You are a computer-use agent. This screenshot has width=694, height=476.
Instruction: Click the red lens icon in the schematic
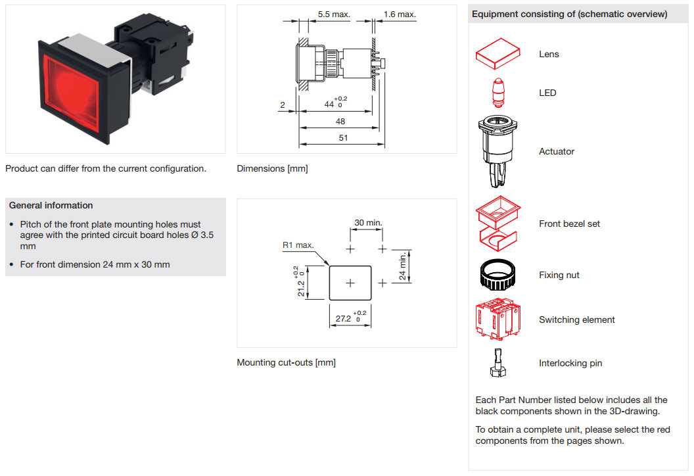pos(497,53)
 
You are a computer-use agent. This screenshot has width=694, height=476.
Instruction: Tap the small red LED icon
pos(497,92)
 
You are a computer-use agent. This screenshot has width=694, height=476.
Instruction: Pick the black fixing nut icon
pos(497,275)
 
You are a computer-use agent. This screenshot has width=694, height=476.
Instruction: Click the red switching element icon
pos(497,320)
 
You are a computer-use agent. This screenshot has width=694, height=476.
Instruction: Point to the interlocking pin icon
pos(497,363)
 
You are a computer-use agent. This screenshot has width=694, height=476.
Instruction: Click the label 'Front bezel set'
pos(569,224)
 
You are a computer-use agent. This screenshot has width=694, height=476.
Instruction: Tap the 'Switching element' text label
pos(576,320)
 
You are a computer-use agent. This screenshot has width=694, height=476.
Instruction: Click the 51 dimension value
pos(342,137)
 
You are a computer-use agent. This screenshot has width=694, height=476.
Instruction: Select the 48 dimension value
pos(340,122)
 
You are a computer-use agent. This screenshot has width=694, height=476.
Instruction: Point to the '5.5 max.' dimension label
pos(334,14)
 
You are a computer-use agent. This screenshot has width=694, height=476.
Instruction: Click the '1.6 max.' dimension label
pos(400,14)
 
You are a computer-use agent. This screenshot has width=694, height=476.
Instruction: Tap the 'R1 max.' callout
pos(298,245)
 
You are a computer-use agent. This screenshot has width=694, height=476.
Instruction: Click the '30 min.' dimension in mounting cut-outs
pos(368,223)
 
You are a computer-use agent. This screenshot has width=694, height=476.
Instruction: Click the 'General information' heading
pos(51,205)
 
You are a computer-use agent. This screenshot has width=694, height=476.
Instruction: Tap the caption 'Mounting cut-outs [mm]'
pos(286,362)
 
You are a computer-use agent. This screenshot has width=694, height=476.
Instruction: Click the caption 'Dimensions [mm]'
pos(272,168)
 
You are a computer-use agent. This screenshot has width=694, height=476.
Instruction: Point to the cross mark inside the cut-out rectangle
pos(350,283)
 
